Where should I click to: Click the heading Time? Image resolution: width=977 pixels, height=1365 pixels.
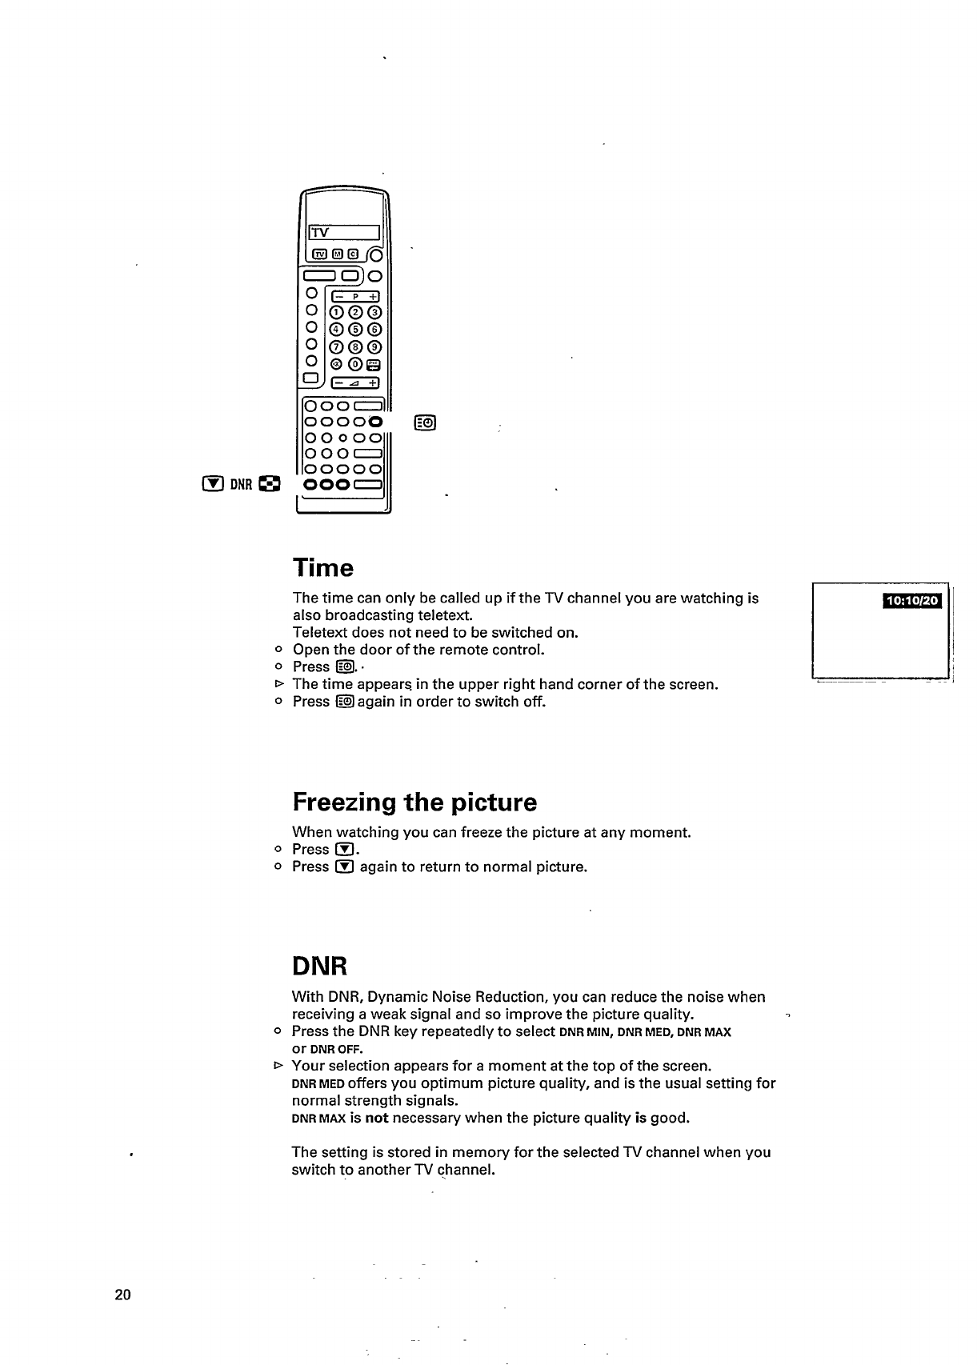322,568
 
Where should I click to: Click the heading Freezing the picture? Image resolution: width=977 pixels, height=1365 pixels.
414,802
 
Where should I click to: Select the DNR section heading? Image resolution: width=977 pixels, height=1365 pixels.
319,967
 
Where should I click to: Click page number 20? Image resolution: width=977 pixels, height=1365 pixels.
122,1295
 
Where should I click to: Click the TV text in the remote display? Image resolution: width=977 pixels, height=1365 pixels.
320,233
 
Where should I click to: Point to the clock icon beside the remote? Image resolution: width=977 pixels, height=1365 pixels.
425,422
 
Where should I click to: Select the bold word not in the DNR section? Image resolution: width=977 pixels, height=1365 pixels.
376,1118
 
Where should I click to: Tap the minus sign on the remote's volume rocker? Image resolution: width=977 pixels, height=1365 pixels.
337,382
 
